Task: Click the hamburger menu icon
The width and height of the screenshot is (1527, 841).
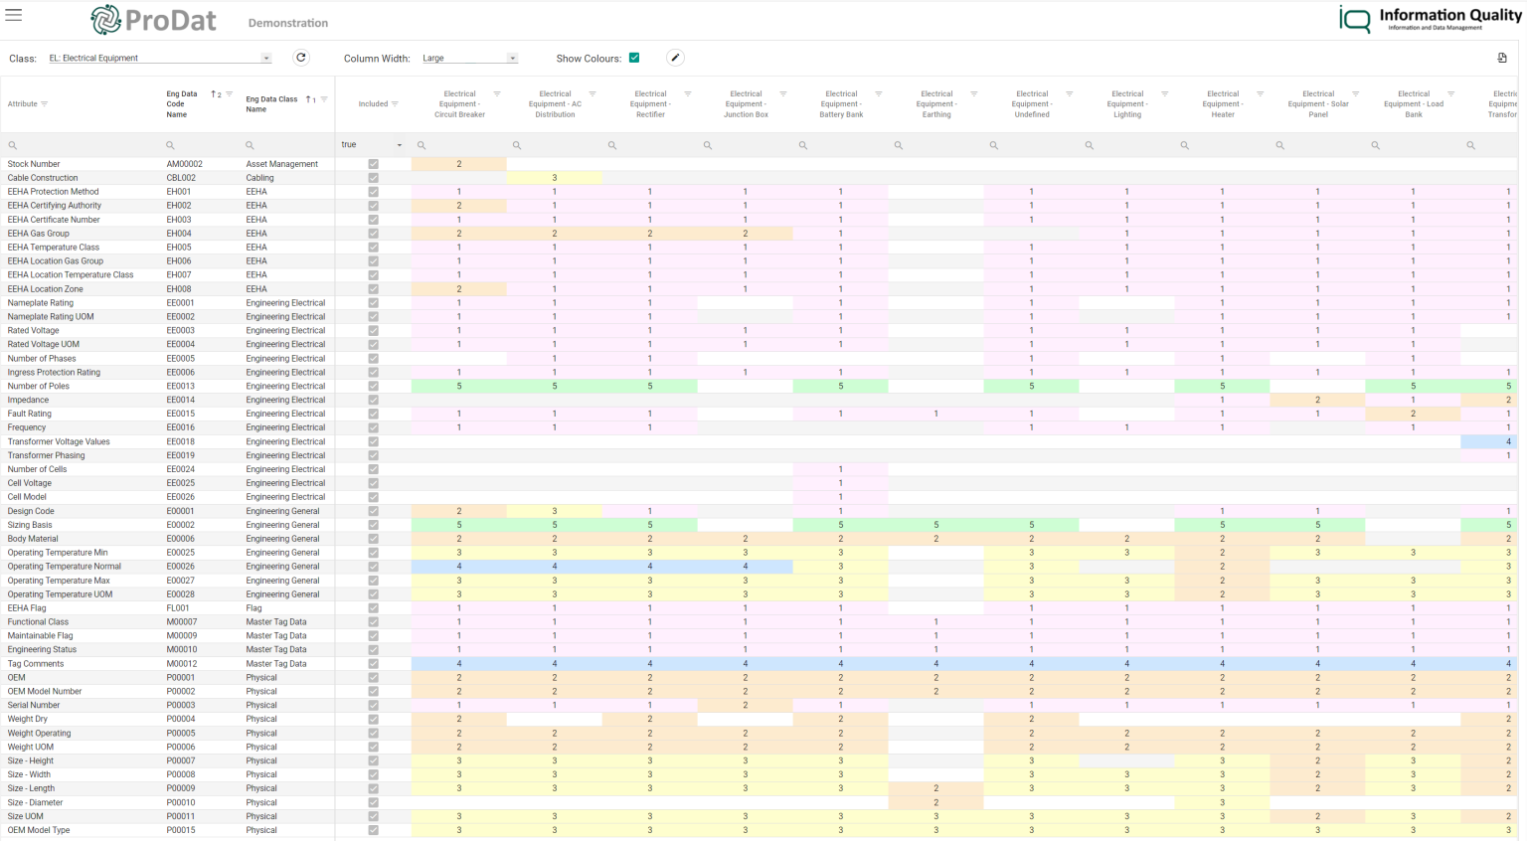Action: click(x=14, y=15)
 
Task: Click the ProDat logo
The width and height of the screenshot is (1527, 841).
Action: click(x=153, y=20)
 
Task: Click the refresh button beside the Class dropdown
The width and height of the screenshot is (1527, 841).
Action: click(x=301, y=58)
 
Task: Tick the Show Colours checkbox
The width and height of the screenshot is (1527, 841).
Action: click(x=634, y=58)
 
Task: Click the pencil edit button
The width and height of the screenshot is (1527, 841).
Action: click(x=675, y=58)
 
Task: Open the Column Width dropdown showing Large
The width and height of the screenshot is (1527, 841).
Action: click(x=469, y=59)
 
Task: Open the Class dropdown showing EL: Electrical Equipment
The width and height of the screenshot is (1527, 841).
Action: click(x=159, y=59)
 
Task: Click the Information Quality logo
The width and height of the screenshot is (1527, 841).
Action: click(x=1430, y=19)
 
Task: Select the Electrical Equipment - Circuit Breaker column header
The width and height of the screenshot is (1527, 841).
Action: click(x=459, y=104)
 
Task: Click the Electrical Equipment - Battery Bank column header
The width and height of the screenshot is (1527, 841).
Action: click(x=841, y=104)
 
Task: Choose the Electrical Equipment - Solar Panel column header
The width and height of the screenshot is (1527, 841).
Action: click(x=1317, y=104)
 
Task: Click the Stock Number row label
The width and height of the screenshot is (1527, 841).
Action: click(x=34, y=164)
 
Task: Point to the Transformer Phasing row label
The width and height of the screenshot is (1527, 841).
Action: click(x=46, y=455)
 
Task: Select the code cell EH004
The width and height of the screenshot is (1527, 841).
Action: click(x=179, y=234)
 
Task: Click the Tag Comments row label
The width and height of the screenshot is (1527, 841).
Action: click(x=36, y=664)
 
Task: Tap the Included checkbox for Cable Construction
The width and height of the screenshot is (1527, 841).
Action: click(x=373, y=178)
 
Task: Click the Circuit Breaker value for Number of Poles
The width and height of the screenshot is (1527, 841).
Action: click(x=459, y=386)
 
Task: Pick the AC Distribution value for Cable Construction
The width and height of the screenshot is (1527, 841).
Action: click(x=555, y=178)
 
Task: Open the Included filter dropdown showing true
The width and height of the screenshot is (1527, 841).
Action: click(x=372, y=145)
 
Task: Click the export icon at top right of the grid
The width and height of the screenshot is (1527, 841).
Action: click(x=1502, y=58)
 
